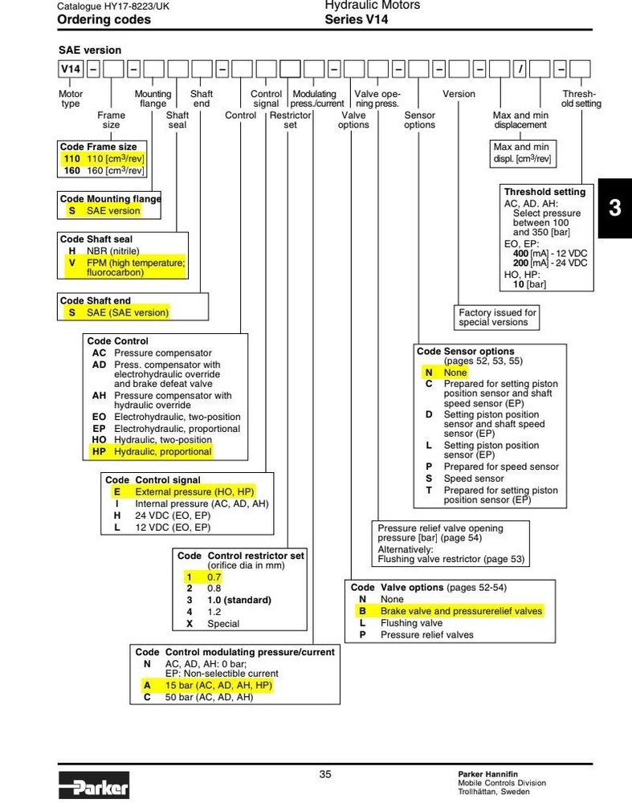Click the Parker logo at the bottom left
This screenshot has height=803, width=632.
[94, 785]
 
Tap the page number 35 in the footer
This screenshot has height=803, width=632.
[325, 774]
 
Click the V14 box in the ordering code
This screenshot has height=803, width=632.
[71, 69]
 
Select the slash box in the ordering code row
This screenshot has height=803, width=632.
[520, 69]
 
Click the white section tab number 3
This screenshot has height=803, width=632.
[614, 208]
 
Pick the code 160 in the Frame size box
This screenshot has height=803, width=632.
[72, 170]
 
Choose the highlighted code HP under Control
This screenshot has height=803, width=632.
[99, 451]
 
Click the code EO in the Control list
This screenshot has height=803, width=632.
[99, 417]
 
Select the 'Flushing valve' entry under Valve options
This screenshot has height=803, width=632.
[411, 623]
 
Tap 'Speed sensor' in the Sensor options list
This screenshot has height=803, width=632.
[474, 479]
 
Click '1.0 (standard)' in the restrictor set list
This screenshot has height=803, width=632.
[239, 600]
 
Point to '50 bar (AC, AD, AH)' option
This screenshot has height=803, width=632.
[209, 698]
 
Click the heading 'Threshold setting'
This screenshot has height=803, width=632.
[544, 192]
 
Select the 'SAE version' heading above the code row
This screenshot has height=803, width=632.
[90, 50]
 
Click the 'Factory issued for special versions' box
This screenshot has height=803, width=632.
[496, 317]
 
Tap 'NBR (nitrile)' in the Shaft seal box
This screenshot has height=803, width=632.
[112, 251]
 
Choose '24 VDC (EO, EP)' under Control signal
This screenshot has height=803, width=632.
[173, 516]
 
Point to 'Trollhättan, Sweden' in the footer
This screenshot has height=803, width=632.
[494, 792]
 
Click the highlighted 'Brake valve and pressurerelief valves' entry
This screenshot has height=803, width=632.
[461, 611]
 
